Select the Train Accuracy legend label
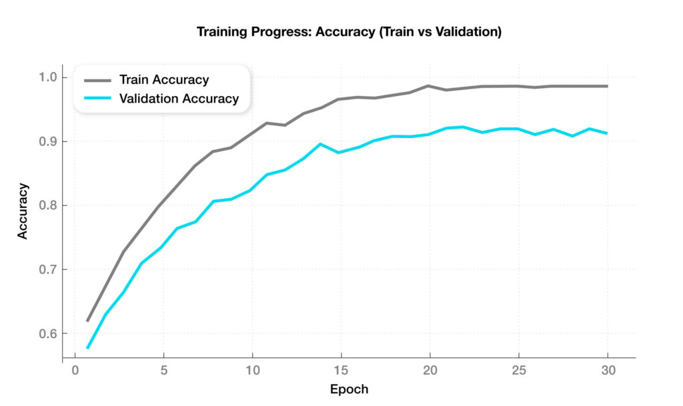(164, 80)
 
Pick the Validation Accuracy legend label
(179, 99)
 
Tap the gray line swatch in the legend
(98, 80)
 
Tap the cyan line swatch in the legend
(98, 99)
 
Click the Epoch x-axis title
(349, 389)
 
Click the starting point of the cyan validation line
(87, 348)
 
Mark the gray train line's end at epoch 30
(607, 86)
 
